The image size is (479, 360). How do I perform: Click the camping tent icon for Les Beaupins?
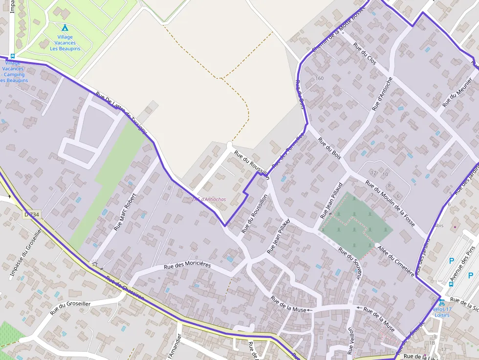point(65,27)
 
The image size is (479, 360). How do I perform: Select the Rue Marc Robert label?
point(125,212)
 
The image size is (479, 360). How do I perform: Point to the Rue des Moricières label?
point(187,265)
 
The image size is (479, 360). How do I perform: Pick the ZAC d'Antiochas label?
point(209,199)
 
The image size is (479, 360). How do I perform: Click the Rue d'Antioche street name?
point(382,93)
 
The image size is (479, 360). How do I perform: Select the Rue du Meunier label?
point(457,92)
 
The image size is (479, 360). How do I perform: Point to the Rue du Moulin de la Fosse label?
point(391,204)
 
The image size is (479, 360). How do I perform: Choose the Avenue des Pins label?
point(462,266)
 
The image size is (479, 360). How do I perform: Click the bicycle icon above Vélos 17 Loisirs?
point(441,303)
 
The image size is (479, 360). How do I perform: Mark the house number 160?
point(320,79)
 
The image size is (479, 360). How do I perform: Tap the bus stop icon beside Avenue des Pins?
point(451,284)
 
